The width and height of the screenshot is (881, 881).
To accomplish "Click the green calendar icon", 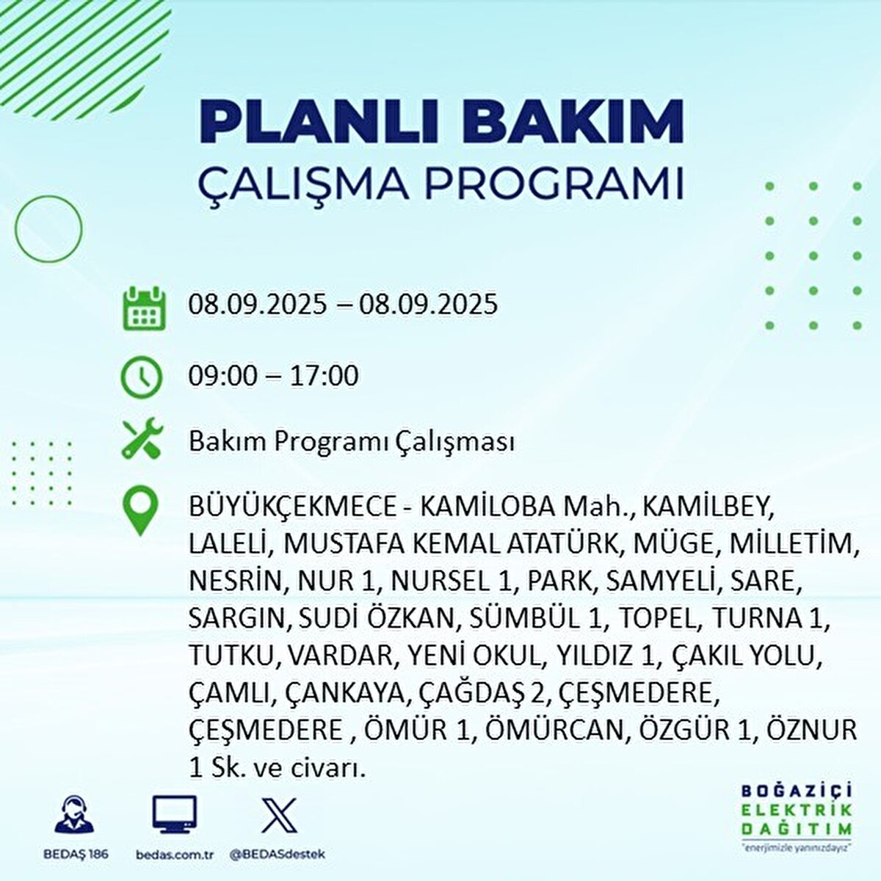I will point(142,308).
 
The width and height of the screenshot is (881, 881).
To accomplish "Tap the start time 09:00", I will point(222,377).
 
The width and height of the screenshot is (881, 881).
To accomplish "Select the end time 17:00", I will point(325,377).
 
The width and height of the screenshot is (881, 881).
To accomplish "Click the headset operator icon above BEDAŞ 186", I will point(75,815).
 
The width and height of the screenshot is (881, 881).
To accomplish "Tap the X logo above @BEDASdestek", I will point(279,814).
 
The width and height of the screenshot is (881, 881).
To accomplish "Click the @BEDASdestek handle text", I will point(278,855).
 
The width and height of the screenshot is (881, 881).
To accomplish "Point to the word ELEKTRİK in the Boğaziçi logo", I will point(797,811).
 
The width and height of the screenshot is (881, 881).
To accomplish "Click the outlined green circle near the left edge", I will point(48,228).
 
